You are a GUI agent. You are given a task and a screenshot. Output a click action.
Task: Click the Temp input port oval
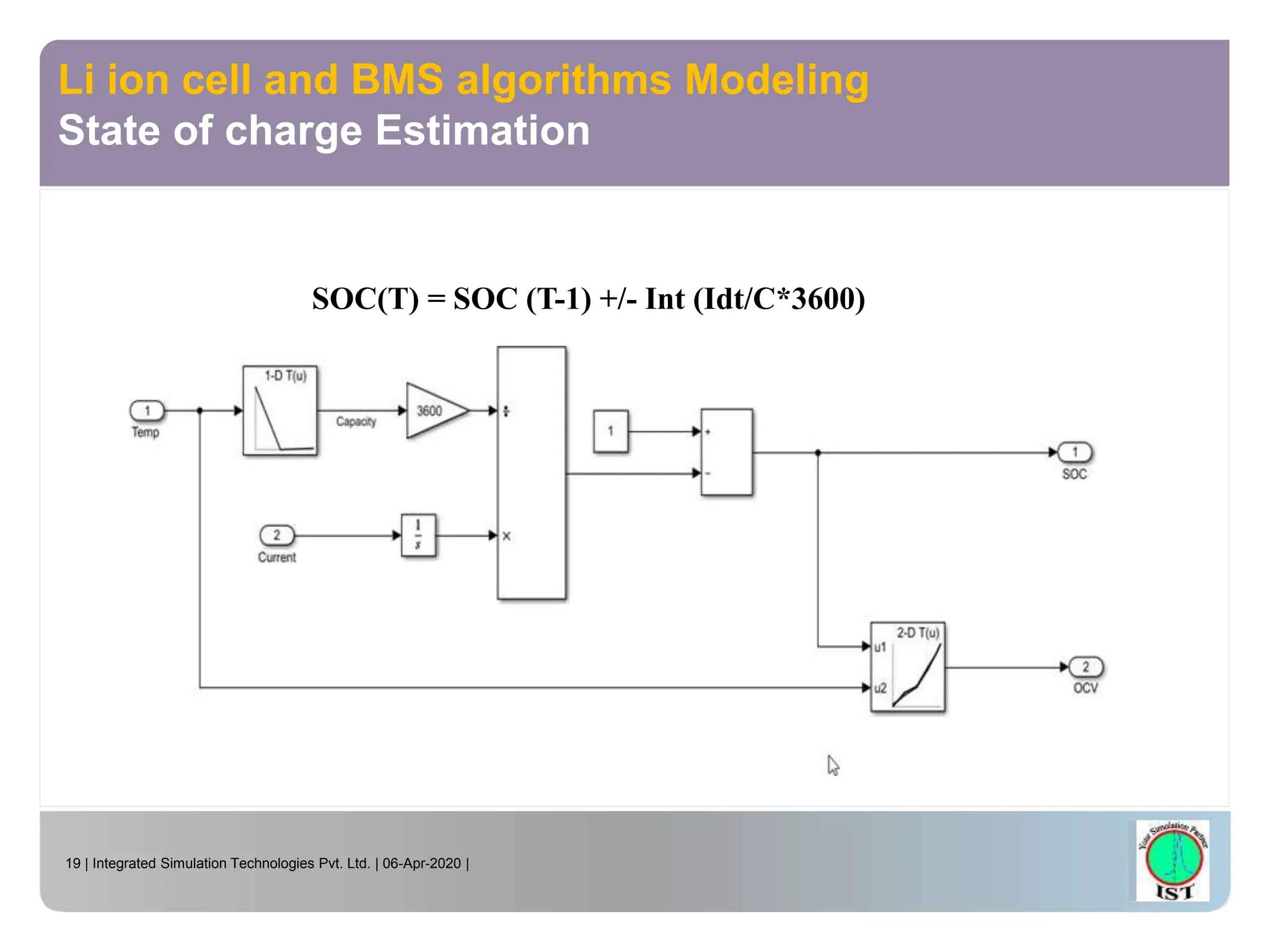pos(147,410)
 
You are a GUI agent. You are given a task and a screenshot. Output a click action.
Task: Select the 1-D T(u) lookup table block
pos(280,410)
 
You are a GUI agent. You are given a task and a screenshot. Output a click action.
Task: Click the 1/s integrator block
pos(418,535)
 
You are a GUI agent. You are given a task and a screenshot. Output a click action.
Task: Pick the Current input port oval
pos(276,535)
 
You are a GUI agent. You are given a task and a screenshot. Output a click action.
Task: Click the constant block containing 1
pos(610,431)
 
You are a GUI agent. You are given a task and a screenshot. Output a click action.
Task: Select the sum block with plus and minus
pos(726,452)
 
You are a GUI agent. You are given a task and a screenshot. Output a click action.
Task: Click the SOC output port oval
pos(1075,452)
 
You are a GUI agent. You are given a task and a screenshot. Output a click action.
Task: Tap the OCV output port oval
pos(1086,667)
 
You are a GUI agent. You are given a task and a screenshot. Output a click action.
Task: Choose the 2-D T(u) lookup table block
pos(908,668)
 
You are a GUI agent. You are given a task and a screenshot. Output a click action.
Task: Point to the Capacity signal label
pos(356,421)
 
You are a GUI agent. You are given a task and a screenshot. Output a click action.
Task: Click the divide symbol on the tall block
pos(506,411)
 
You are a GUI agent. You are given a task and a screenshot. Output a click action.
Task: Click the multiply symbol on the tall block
pos(506,536)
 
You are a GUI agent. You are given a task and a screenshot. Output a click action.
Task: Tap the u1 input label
pos(880,647)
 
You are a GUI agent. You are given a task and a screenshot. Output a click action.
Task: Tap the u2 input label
pos(880,688)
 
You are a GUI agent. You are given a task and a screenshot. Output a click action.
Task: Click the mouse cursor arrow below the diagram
pos(832,765)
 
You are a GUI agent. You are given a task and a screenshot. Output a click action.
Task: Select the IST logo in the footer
pos(1173,860)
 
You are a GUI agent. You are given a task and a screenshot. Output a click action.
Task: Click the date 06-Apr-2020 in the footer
pos(421,863)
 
